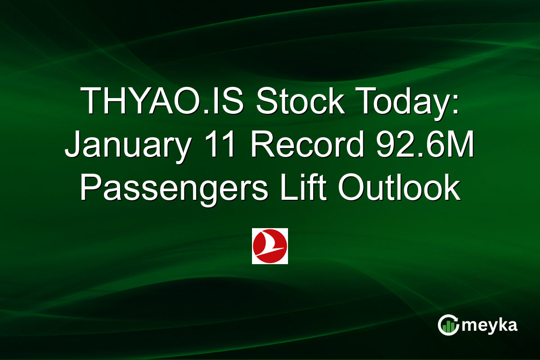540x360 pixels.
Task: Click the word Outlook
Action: [x=399, y=188]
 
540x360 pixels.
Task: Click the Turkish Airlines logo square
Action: [x=270, y=246]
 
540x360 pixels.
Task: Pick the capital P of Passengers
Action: [x=90, y=188]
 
